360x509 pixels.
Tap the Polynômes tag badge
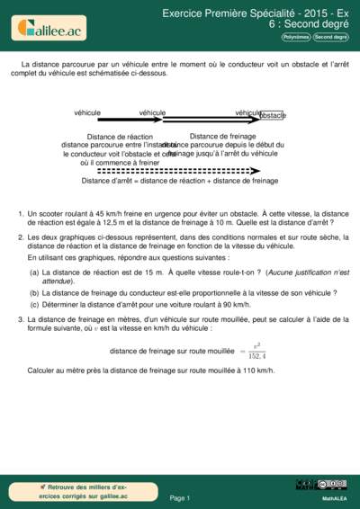tap(295, 38)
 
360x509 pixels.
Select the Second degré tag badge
tap(330, 38)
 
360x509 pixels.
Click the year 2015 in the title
tap(282, 14)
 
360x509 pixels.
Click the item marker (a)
tap(34, 272)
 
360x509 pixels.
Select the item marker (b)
tap(34, 292)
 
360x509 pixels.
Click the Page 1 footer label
tap(180, 497)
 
